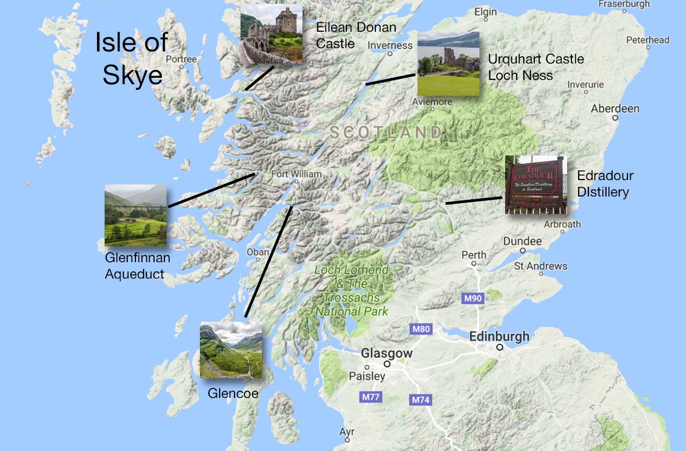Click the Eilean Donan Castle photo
(x=272, y=34)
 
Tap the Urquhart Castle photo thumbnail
(x=448, y=63)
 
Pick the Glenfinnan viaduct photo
(x=135, y=215)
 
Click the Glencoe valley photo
(x=230, y=350)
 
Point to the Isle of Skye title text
(x=132, y=58)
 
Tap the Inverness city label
(x=390, y=45)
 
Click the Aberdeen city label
(x=615, y=108)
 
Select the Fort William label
(x=296, y=174)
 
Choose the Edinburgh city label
(x=499, y=336)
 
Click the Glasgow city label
(x=386, y=354)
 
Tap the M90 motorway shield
(x=473, y=299)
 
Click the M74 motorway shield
(x=420, y=400)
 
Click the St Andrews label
(x=540, y=267)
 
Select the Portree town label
(x=181, y=59)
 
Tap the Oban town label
(x=258, y=252)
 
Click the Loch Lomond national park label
(x=351, y=291)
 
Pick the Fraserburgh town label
(x=624, y=4)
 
